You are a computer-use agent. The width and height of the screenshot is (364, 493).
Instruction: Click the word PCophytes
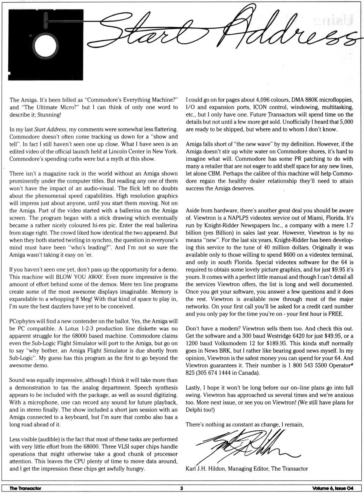point(22,321)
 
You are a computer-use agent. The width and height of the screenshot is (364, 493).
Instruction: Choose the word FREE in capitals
point(335,314)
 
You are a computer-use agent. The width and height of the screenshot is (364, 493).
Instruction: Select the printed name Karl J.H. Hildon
point(208,469)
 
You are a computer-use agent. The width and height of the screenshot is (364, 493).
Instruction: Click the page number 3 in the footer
point(181,488)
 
